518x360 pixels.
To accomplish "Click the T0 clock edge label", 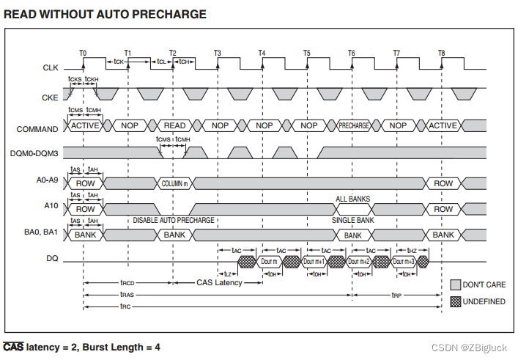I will [83, 53].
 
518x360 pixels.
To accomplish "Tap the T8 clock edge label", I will [441, 53].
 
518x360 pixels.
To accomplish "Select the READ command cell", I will [174, 125].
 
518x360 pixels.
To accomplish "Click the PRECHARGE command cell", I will [353, 125].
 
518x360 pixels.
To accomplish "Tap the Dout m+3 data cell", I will [403, 262].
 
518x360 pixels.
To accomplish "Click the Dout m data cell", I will [269, 262].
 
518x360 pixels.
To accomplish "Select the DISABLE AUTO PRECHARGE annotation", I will [174, 220].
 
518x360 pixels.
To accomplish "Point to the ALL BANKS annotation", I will [353, 199].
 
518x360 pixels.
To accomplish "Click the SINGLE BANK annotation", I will [353, 220].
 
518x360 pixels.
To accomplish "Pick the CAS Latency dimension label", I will [219, 282].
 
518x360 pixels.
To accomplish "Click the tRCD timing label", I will [127, 282].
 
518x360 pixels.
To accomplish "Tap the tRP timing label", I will [396, 295].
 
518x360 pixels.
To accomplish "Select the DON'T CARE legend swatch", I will [455, 284].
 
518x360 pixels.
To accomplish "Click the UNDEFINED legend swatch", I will [455, 301].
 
